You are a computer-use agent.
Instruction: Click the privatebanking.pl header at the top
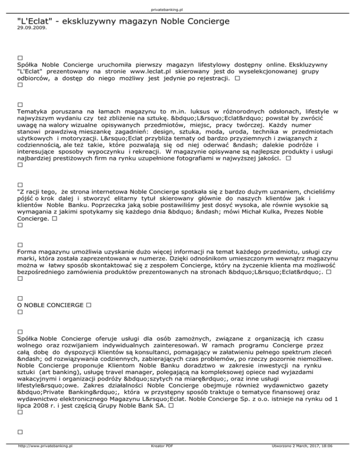[x=180, y=9]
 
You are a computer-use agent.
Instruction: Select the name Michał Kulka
[x=280, y=211]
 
